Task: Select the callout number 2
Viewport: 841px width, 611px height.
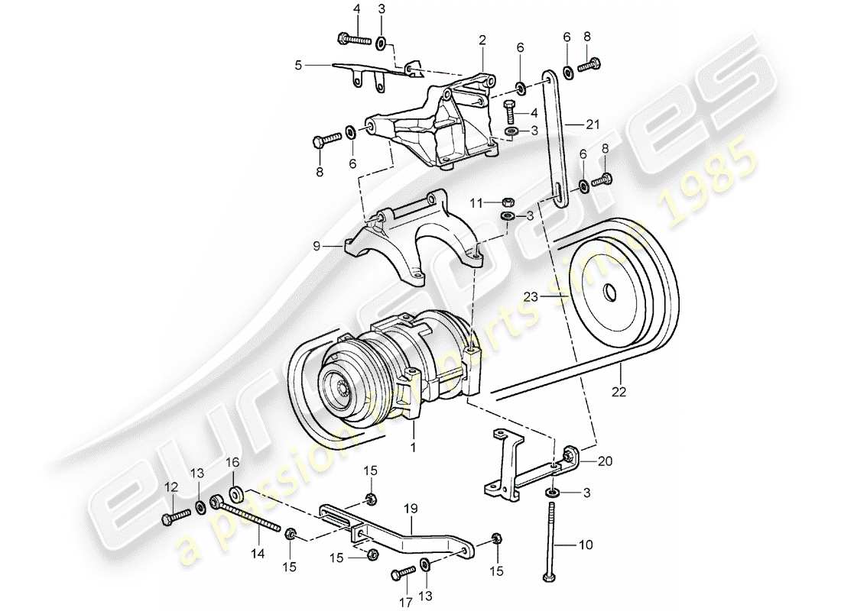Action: [482, 39]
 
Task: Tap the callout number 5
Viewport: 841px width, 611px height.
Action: [298, 66]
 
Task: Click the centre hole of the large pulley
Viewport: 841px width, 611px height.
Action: [611, 293]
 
